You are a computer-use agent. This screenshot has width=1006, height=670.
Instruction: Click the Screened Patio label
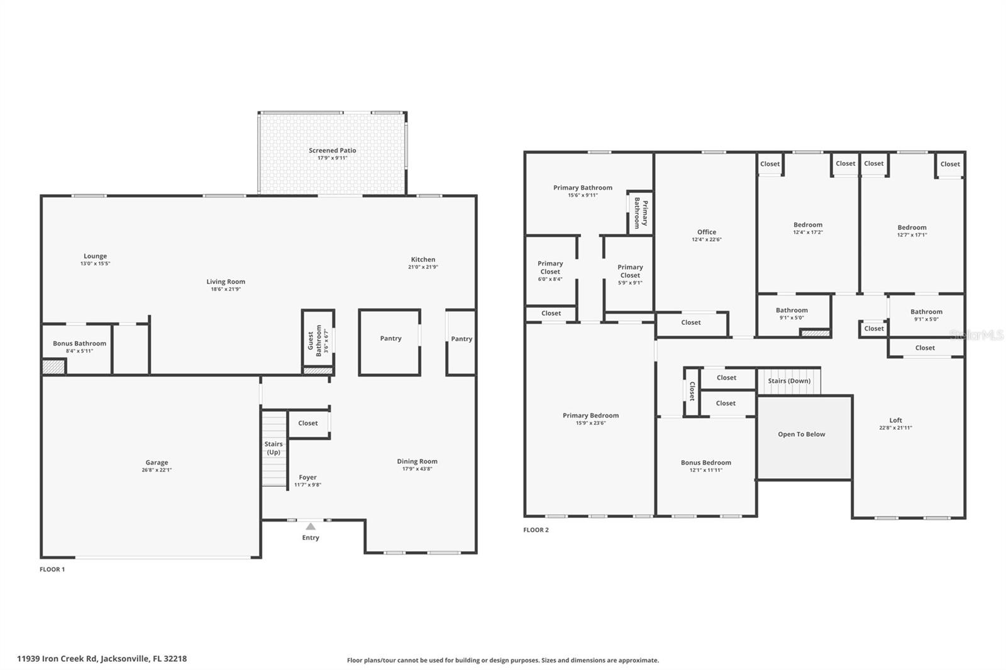[x=333, y=150]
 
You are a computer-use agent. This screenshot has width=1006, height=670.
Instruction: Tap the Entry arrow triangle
[x=311, y=526]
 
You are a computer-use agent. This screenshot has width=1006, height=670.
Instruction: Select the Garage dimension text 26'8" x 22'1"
[x=157, y=470]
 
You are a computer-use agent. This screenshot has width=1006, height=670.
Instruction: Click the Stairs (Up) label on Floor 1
[x=274, y=448]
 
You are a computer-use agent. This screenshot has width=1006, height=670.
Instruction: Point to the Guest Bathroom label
[x=314, y=341]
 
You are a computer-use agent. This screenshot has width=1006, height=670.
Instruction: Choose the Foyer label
[x=307, y=477]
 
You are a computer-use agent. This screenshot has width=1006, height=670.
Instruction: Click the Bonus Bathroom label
[x=79, y=344]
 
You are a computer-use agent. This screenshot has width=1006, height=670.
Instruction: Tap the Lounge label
[x=95, y=256]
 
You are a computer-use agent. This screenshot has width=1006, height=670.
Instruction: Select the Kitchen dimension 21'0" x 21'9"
[x=423, y=266]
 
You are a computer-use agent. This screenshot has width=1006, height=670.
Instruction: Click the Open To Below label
[x=802, y=434]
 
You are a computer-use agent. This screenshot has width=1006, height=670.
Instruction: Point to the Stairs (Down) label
[x=789, y=381]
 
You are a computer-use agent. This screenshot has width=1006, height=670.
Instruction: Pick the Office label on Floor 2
[x=707, y=232]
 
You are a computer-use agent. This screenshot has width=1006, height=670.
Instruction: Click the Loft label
[x=895, y=420]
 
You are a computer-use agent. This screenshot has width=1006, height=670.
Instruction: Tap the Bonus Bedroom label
[x=706, y=463]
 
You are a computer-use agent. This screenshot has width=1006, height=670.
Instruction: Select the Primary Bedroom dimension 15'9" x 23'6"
[x=591, y=423]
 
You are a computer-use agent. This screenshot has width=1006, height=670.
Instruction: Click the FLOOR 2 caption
[x=536, y=530]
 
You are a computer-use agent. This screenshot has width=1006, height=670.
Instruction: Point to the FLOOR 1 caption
[x=52, y=569]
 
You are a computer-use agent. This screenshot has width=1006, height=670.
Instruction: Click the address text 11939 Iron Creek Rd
[x=57, y=659]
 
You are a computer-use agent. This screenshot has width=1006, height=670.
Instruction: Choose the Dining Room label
[x=417, y=461]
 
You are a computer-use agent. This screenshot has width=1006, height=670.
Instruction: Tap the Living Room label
[x=226, y=282]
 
